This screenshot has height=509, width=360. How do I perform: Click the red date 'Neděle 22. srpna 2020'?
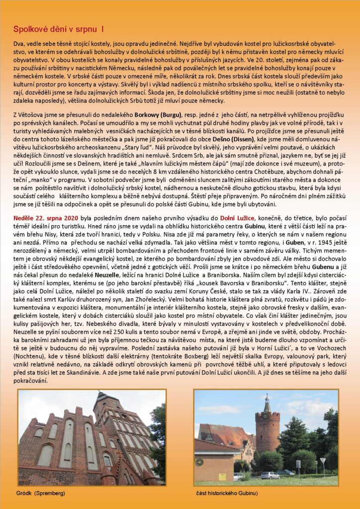44,218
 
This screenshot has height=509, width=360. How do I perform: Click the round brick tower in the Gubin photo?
268,430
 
